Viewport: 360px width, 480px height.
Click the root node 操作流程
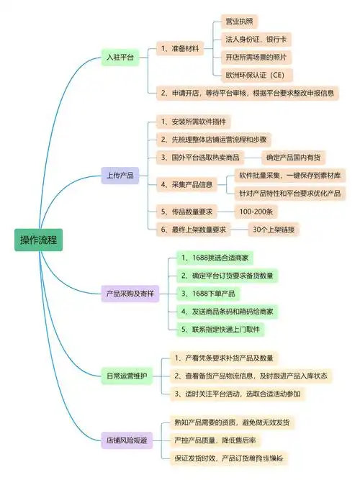point(39,240)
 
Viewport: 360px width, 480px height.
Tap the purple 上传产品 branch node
point(120,176)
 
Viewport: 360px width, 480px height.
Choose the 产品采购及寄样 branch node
point(130,294)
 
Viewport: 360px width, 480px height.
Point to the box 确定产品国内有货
point(295,157)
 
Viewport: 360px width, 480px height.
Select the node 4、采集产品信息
point(188,184)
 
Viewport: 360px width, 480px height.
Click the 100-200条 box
point(256,211)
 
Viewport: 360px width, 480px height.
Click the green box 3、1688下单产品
point(208,294)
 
